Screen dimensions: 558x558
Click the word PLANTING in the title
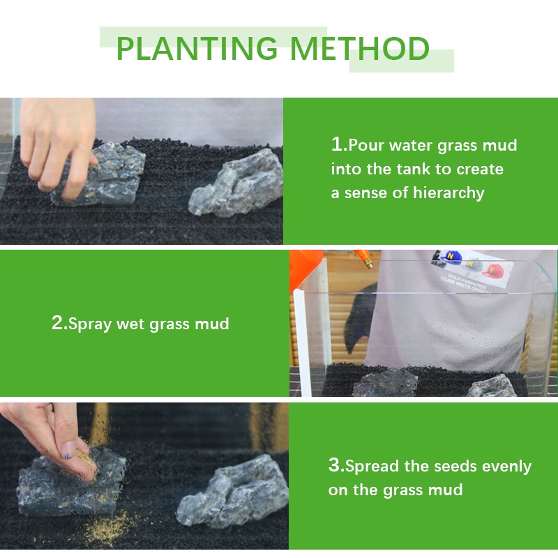coord(197,48)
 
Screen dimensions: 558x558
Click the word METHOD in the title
coord(360,48)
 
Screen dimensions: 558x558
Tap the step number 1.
coord(338,144)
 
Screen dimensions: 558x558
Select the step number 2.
coord(58,323)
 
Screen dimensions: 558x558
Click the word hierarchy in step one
coord(448,193)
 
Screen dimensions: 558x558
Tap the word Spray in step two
coord(90,324)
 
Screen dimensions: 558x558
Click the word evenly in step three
coord(506,467)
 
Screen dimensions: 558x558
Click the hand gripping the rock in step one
coord(58,142)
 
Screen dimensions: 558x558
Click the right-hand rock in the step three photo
coord(233,492)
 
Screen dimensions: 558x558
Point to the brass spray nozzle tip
coord(368,263)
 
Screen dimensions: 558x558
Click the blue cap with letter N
coord(451,257)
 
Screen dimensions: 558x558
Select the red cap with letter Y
coord(493,271)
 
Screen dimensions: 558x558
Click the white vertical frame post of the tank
coord(299,342)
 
